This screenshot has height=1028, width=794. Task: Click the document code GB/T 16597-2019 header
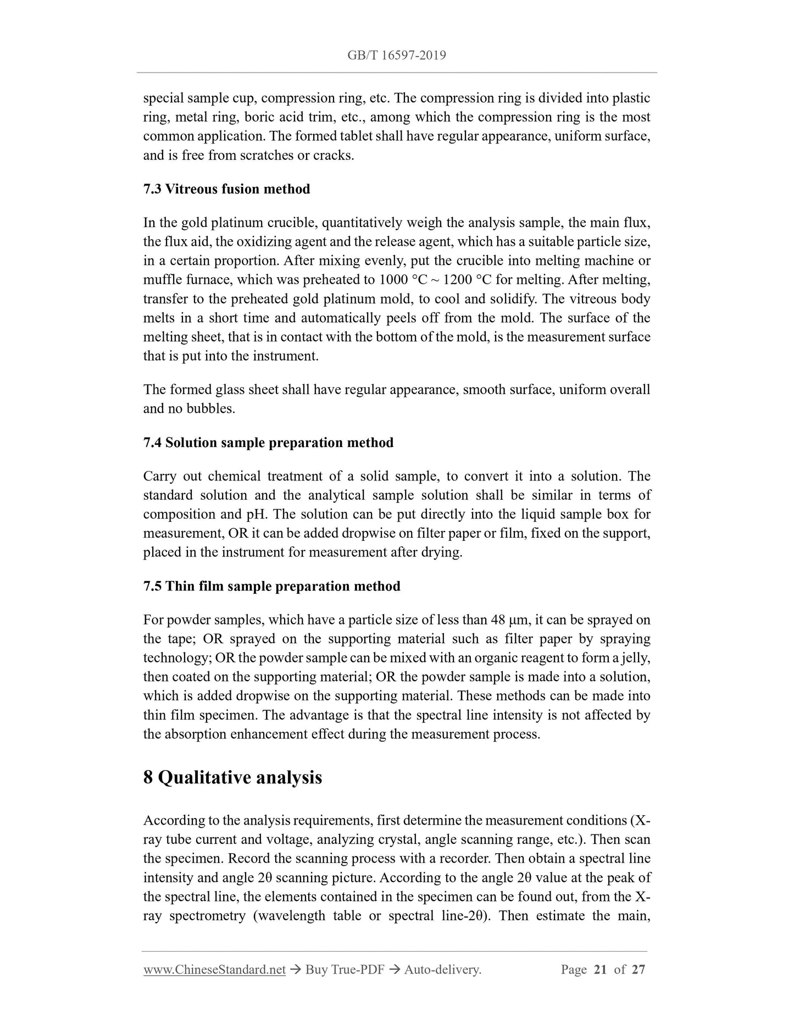click(x=396, y=55)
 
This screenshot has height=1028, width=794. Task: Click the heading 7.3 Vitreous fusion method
click(x=226, y=189)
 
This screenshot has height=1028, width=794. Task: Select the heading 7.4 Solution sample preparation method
click(x=268, y=443)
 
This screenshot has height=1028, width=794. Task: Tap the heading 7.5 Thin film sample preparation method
click(x=271, y=586)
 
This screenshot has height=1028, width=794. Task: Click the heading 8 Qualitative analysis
click(x=232, y=777)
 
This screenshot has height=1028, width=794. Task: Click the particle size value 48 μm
click(x=509, y=620)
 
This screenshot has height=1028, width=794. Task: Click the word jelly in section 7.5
click(x=638, y=658)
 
